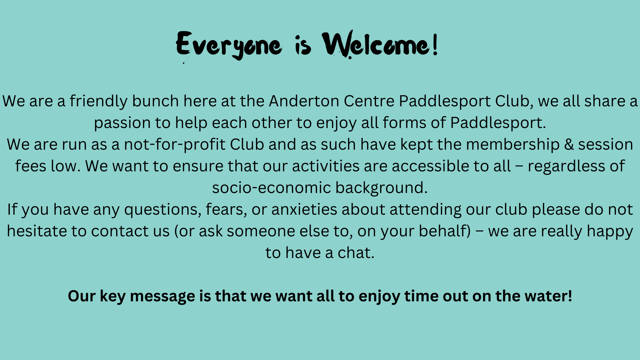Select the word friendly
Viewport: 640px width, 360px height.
click(x=98, y=101)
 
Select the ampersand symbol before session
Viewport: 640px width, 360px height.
click(x=569, y=145)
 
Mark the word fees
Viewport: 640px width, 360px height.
click(x=31, y=166)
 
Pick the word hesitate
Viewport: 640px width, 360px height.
click(x=37, y=231)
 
